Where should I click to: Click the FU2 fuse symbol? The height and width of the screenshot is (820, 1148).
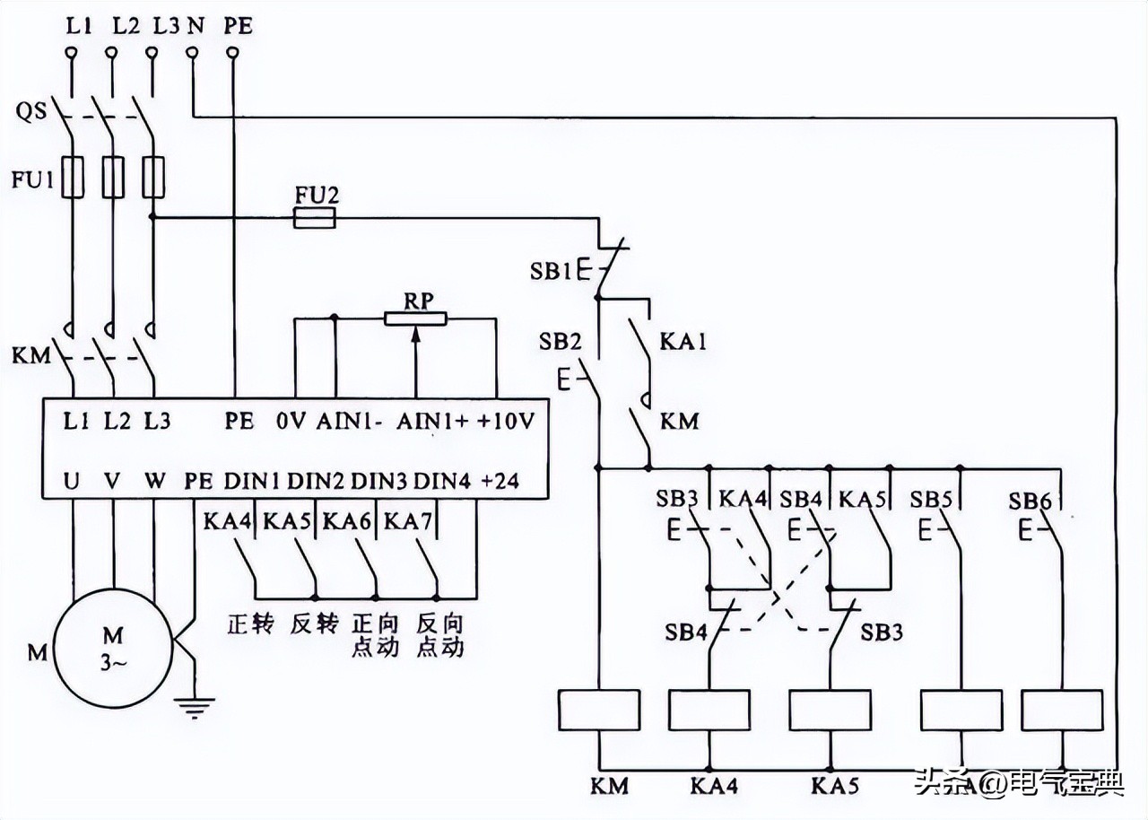(x=315, y=217)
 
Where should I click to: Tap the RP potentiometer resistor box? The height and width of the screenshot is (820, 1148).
(x=415, y=318)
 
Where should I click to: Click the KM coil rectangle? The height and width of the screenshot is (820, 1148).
(x=598, y=711)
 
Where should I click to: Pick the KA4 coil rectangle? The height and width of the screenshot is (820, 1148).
(x=709, y=711)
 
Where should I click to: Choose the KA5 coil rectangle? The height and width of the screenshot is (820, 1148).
(x=830, y=711)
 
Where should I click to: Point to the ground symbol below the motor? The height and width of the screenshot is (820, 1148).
(x=189, y=709)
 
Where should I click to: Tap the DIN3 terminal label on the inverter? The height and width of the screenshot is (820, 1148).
(x=378, y=481)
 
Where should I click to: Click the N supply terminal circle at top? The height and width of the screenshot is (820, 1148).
(x=192, y=55)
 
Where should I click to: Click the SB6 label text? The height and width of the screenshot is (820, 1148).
(x=1029, y=500)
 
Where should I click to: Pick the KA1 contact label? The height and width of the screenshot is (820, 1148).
(x=683, y=342)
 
